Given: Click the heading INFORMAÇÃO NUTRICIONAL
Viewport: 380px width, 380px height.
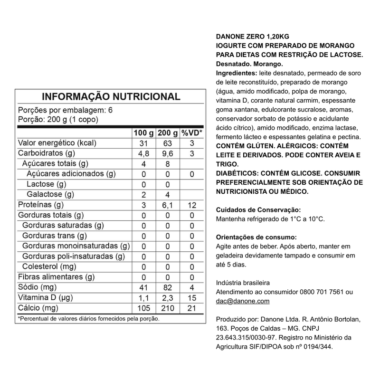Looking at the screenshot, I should [112, 97].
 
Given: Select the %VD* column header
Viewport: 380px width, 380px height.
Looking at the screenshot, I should [192, 133].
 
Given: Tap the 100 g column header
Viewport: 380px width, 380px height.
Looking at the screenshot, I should [144, 133].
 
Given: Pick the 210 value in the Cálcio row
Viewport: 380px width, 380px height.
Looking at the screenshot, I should [168, 308].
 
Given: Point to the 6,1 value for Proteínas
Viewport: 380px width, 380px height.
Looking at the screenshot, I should [168, 205].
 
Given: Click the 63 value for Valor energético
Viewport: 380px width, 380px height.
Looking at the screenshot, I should [168, 143].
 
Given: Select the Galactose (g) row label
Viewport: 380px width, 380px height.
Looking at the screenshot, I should [50, 194].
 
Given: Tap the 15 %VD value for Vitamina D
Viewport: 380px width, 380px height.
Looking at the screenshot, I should [192, 298].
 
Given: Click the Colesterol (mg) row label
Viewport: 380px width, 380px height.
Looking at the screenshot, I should [49, 266].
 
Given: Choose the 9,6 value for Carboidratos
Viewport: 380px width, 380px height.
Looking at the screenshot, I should [168, 153].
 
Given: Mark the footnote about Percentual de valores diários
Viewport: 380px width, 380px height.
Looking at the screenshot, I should [88, 319].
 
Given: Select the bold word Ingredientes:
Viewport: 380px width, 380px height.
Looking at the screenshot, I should [236, 73].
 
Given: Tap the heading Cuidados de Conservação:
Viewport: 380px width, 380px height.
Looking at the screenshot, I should [258, 209].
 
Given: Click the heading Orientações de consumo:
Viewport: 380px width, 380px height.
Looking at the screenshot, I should [256, 237].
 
